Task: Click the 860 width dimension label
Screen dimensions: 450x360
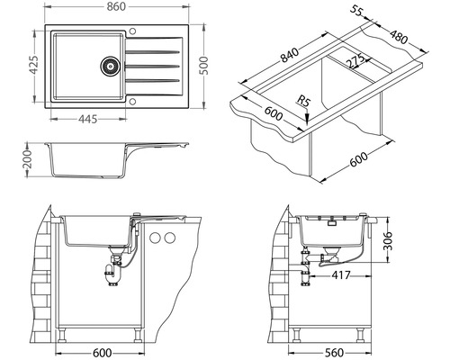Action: coord(116,6)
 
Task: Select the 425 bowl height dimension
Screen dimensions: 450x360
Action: coord(33,65)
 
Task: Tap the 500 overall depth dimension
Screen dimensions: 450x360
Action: coord(204,66)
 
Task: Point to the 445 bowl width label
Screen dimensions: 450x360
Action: coord(88,119)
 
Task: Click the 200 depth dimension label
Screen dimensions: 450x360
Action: coord(27,159)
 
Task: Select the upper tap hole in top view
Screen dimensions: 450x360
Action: coord(132,31)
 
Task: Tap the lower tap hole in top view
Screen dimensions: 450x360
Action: coord(132,102)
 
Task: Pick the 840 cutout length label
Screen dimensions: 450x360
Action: coord(290,55)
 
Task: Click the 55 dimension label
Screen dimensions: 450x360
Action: coord(356,11)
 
